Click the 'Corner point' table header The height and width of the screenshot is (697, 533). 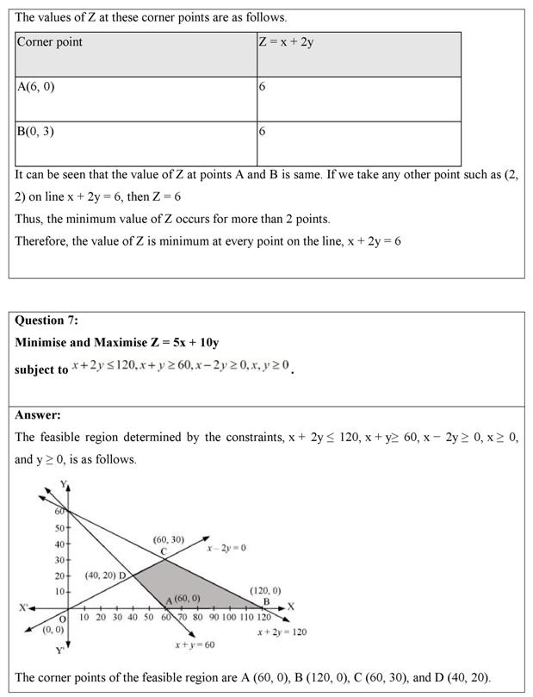tap(50, 41)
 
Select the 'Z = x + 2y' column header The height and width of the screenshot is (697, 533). tap(286, 41)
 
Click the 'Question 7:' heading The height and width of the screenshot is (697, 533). tap(46, 320)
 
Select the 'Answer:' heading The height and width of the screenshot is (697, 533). tap(38, 414)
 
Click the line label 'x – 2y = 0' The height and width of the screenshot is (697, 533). tap(226, 547)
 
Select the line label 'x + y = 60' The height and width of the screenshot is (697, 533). tap(194, 644)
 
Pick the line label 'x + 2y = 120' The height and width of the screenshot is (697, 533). tap(282, 632)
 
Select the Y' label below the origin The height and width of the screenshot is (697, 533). tap(59, 650)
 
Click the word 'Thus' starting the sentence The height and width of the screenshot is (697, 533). tap(28, 218)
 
